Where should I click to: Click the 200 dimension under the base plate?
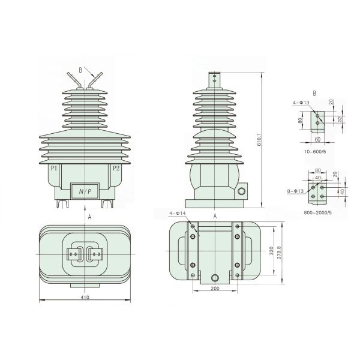(x=215, y=288)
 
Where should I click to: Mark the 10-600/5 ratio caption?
(x=317, y=153)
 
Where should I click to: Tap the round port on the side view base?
(x=242, y=192)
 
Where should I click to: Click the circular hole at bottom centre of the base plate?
(x=215, y=278)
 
